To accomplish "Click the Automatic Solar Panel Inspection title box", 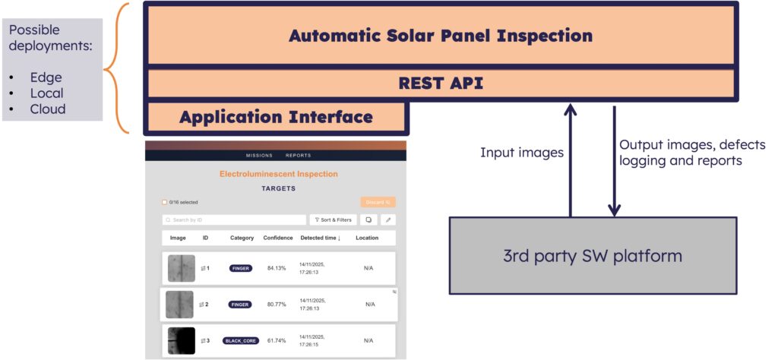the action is (441, 36).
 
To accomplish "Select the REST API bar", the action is (441, 84).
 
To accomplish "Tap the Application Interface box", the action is (276, 117).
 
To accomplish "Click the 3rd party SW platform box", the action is (593, 255).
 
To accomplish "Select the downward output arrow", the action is (615, 161).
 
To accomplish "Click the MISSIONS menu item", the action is (259, 156).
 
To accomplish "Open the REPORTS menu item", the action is (298, 156).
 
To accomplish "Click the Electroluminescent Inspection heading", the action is (278, 174).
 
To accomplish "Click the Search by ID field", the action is (234, 219).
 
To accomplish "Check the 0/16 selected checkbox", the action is (165, 202).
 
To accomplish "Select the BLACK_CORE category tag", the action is (241, 341).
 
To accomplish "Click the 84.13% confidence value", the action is (277, 268).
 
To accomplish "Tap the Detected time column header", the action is (321, 238).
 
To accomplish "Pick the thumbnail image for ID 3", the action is (181, 341).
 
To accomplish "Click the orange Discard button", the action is (378, 202).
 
